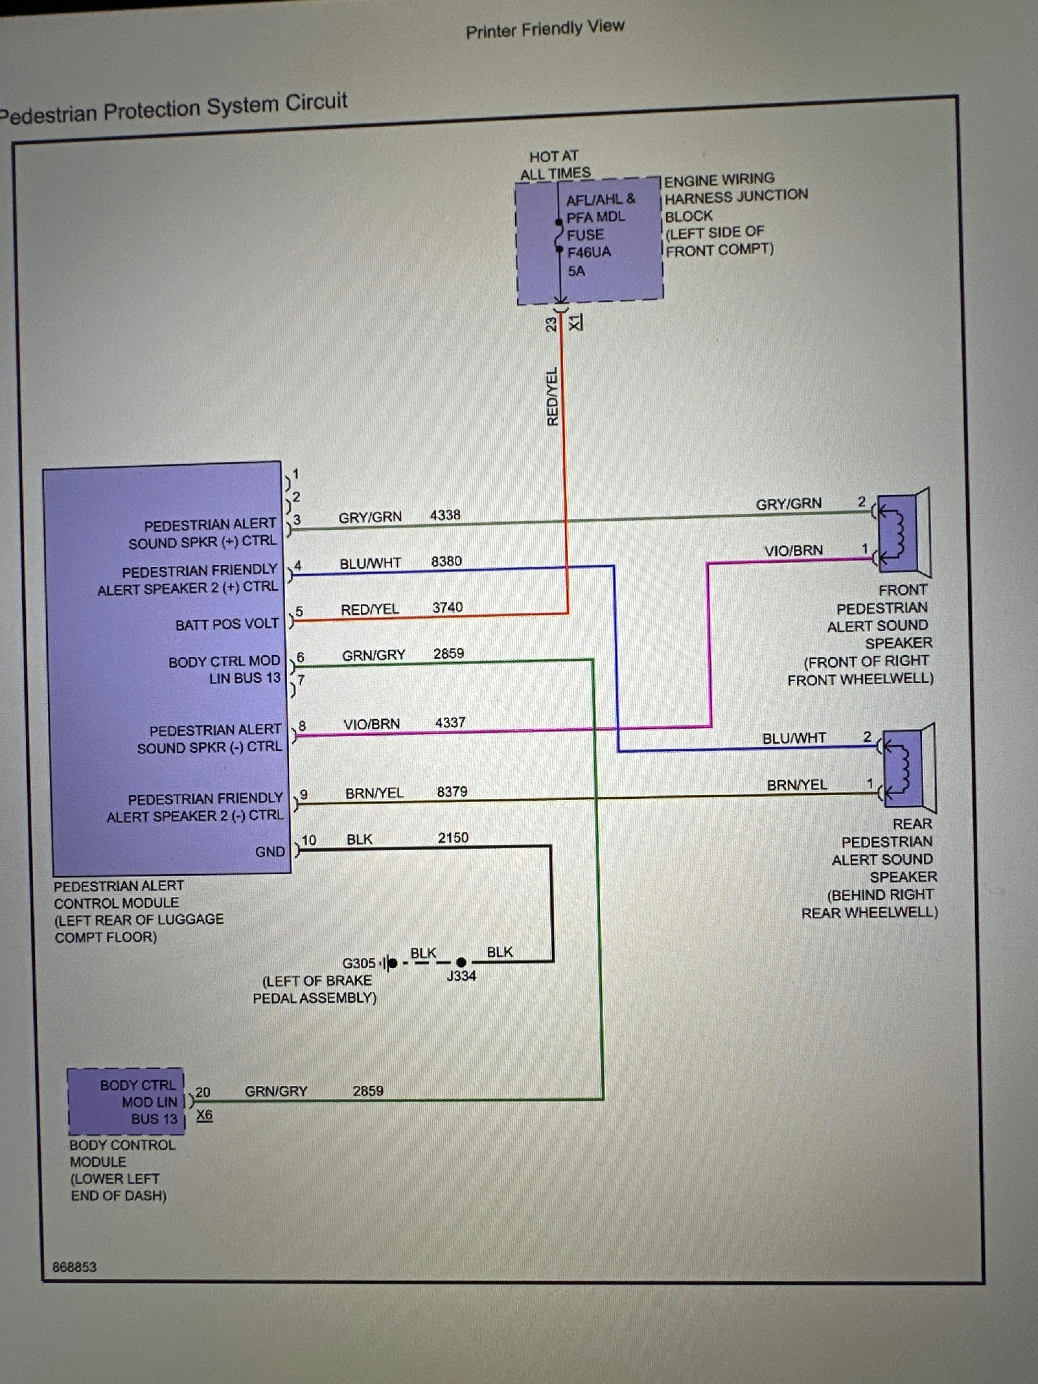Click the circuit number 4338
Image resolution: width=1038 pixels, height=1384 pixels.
pos(445,515)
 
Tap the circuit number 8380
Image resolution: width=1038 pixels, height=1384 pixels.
pos(446,561)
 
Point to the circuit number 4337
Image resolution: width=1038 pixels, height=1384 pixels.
pos(450,723)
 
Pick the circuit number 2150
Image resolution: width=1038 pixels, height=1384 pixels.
pos(453,838)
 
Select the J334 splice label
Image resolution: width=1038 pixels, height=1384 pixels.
pos(461,976)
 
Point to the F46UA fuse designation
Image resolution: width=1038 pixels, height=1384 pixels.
pos(589,253)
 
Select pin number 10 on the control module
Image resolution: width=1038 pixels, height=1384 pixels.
pos(309,840)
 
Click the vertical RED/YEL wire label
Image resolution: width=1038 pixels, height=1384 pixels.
pos(552,397)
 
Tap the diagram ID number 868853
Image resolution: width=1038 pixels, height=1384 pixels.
pos(74,1267)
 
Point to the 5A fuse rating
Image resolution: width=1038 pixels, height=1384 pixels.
pos(576,271)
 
